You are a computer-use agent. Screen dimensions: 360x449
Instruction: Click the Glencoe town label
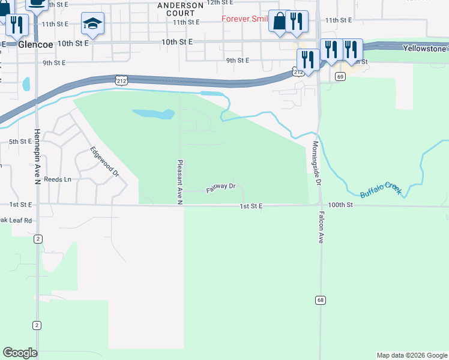point(37,44)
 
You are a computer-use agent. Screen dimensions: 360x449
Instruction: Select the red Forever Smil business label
point(244,19)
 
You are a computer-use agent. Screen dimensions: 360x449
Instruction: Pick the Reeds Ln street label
point(58,179)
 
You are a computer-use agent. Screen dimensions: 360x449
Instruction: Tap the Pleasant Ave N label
point(179,182)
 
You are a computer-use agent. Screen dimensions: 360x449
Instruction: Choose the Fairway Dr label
point(221,188)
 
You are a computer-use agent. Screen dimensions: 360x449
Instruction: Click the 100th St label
point(340,205)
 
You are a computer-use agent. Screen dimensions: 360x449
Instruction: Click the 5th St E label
point(19,142)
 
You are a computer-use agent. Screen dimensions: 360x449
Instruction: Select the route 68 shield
point(320,299)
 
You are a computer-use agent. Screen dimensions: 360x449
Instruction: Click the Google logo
point(20,353)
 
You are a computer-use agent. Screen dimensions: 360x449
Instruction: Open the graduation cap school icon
point(92,23)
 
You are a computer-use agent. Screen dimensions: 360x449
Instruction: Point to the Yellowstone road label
point(426,48)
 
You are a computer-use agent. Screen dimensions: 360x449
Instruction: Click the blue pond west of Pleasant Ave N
point(153,113)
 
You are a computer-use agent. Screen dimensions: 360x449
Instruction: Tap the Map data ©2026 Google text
point(411,355)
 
